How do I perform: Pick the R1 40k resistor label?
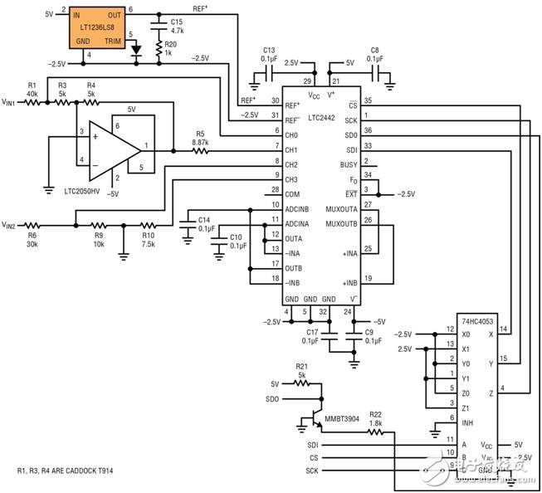pyautogui.click(x=33, y=89)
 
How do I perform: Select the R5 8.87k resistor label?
pyautogui.click(x=199, y=138)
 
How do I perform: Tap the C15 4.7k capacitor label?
pyautogui.click(x=177, y=26)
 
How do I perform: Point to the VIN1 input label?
pyautogui.click(x=12, y=102)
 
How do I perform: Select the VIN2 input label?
pyautogui.click(x=12, y=225)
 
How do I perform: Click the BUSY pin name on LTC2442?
pyautogui.click(x=348, y=165)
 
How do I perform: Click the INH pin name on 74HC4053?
pyautogui.click(x=455, y=422)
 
